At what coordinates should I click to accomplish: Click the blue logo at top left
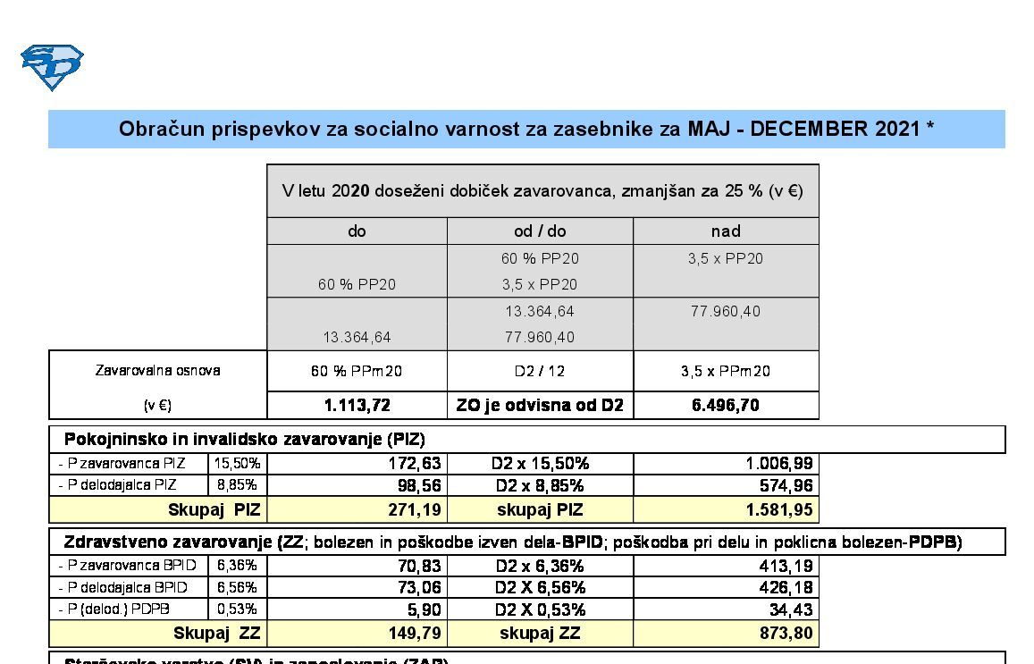tap(52, 67)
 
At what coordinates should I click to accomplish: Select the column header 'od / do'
tap(540, 231)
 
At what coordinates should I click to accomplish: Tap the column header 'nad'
tap(726, 231)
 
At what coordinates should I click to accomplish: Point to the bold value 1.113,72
tap(357, 406)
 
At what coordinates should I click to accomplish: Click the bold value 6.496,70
tap(726, 406)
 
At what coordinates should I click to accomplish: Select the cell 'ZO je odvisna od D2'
tap(540, 406)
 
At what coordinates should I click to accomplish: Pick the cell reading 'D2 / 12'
tap(540, 371)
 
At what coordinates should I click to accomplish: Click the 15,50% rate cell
tap(237, 464)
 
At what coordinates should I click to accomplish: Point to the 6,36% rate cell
tap(237, 566)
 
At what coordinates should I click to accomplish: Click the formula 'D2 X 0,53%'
tap(540, 610)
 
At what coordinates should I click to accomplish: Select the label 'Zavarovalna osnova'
tap(157, 371)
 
